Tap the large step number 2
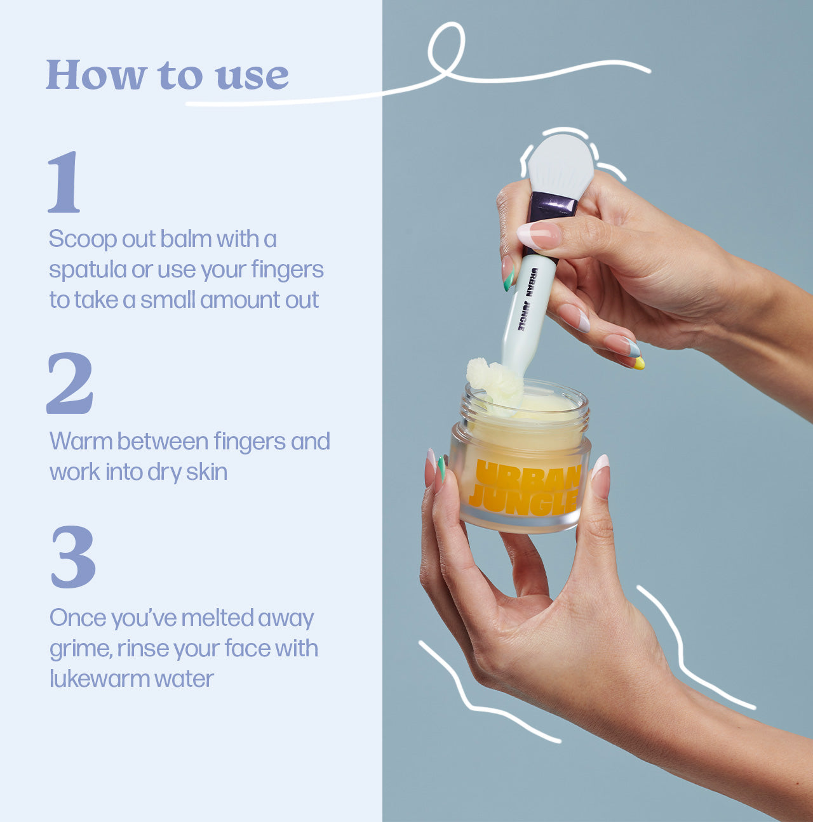tap(70, 383)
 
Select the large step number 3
tap(73, 557)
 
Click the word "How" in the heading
tap(97, 75)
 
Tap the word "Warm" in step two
tap(81, 441)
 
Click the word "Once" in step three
tap(78, 618)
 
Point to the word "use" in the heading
tap(252, 77)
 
